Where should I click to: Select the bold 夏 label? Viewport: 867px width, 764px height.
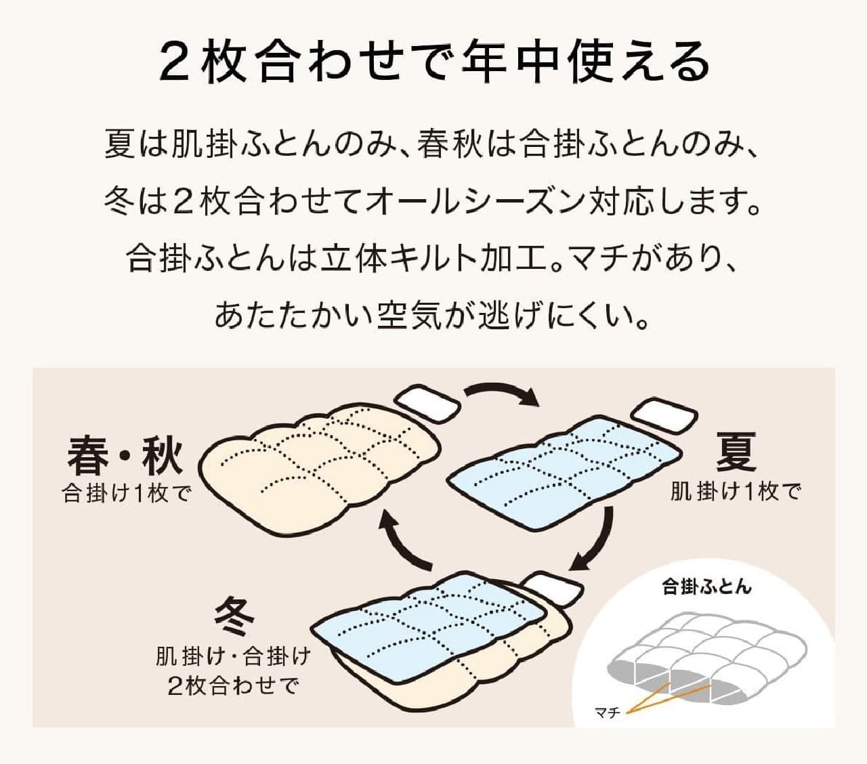(x=736, y=453)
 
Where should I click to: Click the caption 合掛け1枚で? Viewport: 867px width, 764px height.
(x=126, y=494)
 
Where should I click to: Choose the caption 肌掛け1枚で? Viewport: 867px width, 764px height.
(x=735, y=492)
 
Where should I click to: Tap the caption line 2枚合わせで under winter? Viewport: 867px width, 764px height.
(x=232, y=686)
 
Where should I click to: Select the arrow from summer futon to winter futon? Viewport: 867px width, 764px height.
(x=600, y=544)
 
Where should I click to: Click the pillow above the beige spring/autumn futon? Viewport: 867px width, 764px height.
(x=427, y=404)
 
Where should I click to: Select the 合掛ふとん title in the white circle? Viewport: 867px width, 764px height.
(x=706, y=587)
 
